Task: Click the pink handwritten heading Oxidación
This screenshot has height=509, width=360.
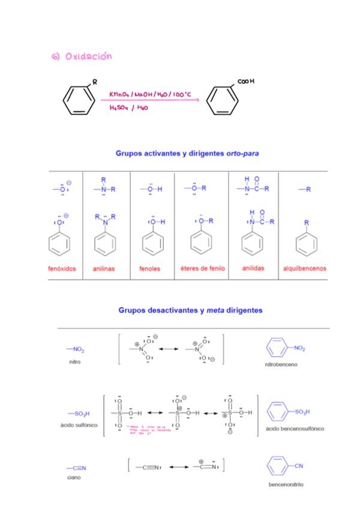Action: coord(82,56)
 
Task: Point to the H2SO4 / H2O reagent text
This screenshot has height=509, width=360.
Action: coord(128,108)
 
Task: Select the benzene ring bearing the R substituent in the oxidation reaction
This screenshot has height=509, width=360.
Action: coord(79,100)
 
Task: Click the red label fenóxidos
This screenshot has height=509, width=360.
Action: coord(62,269)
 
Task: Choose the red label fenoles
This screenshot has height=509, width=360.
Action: coord(150,269)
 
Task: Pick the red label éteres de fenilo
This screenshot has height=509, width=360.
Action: coord(203,269)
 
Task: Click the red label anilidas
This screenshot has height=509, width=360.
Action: coord(253,268)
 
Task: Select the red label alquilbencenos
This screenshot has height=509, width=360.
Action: coord(305,269)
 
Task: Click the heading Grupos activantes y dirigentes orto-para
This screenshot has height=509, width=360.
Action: coord(187,153)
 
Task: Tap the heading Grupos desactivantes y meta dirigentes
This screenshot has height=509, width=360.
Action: coord(190,310)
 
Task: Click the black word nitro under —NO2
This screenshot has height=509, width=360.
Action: coord(75,362)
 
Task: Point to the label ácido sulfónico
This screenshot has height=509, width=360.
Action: coord(79,425)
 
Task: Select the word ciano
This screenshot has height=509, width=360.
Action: coord(74,477)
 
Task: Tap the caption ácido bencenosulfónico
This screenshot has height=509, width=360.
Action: coord(295,429)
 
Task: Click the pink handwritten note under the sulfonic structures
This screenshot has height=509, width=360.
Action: coord(152,429)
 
